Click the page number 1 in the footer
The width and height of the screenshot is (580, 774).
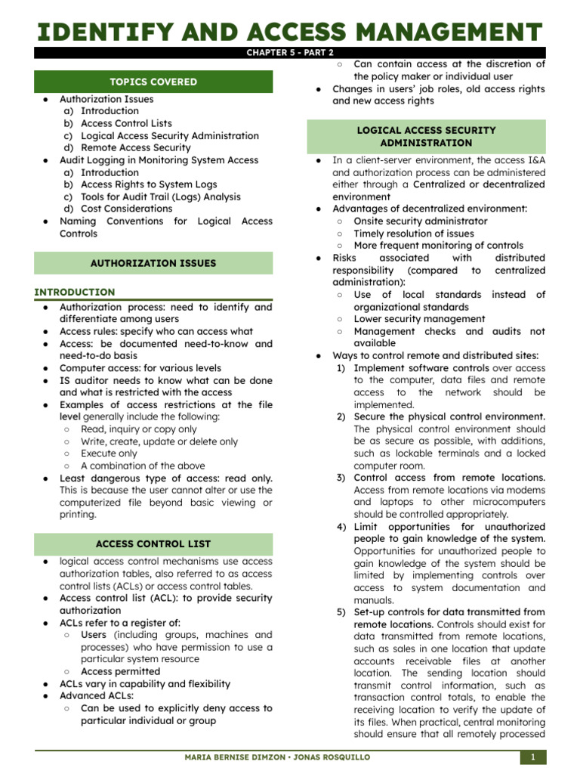tap(532, 757)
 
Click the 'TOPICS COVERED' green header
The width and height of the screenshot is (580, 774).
tap(153, 82)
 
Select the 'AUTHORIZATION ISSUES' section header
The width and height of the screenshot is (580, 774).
tap(153, 263)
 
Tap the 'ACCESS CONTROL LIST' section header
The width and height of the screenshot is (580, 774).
tap(153, 543)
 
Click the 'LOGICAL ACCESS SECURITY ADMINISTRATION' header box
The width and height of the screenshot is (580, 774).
tap(427, 136)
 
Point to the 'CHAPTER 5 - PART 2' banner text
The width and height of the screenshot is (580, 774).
tap(290, 52)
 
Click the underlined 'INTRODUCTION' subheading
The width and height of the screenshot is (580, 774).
tap(75, 292)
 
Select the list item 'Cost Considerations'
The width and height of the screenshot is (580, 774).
tap(127, 209)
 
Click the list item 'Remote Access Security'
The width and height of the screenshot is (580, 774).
tap(136, 147)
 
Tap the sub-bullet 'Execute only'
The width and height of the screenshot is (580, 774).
tap(109, 454)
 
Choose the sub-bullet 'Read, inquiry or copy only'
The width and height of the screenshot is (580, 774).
tap(138, 429)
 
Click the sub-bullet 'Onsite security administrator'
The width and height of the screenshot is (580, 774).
tap(421, 221)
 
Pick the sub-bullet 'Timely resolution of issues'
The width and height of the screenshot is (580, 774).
tap(414, 234)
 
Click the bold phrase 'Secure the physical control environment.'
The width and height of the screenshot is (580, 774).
tap(449, 416)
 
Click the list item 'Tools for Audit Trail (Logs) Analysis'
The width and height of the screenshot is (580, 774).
tap(161, 197)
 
